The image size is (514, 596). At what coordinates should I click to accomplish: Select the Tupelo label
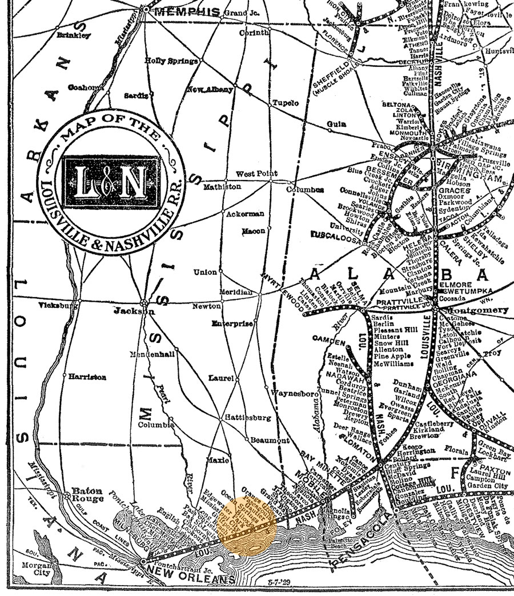tap(286, 103)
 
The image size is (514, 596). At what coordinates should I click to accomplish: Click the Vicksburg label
tap(58, 306)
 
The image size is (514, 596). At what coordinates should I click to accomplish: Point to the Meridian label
tap(236, 292)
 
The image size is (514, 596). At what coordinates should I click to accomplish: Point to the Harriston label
tap(87, 377)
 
